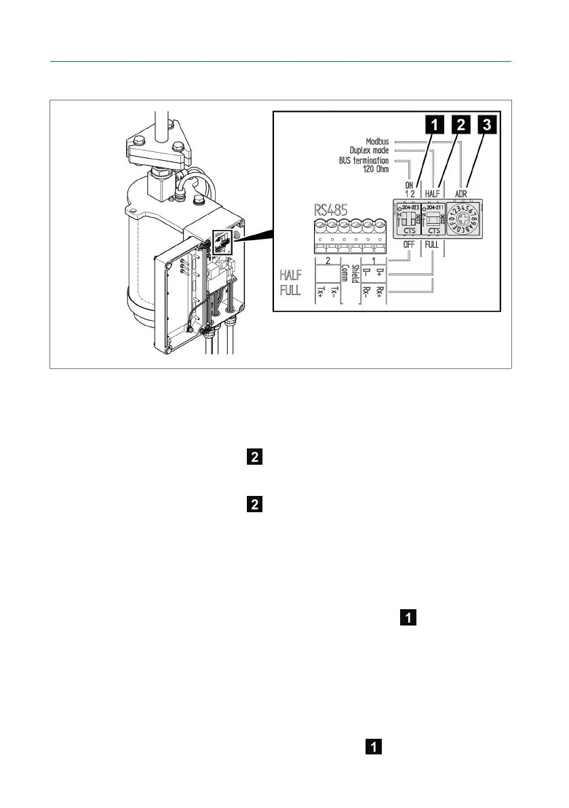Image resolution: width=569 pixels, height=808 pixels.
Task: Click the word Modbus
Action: (377, 142)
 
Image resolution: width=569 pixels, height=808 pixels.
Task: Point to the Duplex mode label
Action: (369, 151)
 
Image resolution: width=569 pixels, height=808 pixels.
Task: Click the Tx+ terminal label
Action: (321, 293)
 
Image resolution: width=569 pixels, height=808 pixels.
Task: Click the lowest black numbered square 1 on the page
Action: (372, 747)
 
